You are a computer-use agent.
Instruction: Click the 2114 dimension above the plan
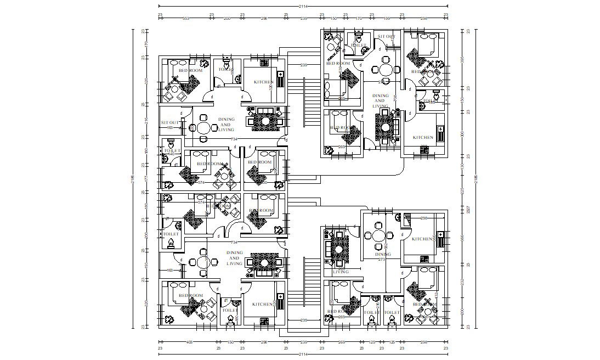pos(303,6)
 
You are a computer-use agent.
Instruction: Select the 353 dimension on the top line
pos(185,18)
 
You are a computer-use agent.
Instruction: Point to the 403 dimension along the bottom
pos(190,342)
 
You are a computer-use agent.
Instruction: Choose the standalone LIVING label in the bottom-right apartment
pos(341,272)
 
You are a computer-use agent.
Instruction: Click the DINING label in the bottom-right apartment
pos(383,254)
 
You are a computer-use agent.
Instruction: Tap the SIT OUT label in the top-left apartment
pos(169,122)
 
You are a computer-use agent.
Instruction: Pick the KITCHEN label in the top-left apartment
pos(263,82)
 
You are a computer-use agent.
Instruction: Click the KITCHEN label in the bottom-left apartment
pos(263,304)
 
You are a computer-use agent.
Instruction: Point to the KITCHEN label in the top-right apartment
pos(423,138)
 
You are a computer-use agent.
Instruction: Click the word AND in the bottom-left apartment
pos(234,258)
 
